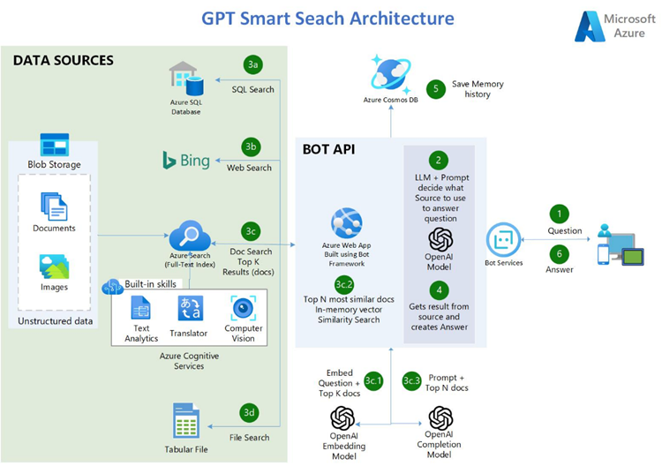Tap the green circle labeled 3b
[x=252, y=146]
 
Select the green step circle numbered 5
[x=434, y=88]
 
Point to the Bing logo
[x=186, y=160]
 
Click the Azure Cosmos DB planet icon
[x=389, y=71]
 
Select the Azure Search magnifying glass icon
[x=190, y=236]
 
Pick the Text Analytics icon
[x=141, y=308]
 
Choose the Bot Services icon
[x=503, y=238]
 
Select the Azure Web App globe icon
[x=344, y=222]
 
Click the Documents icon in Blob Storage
[x=54, y=207]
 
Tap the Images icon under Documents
[x=54, y=267]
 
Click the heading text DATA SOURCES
[x=63, y=61]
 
